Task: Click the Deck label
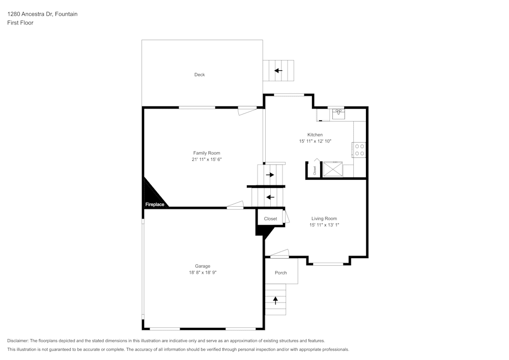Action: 200,75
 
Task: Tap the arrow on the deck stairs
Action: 278,71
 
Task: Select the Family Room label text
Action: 207,153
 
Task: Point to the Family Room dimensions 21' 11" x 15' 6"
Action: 207,159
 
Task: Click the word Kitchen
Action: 315,135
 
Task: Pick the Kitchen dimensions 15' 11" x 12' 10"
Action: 315,141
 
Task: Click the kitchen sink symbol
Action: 338,114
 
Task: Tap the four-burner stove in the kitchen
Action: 359,149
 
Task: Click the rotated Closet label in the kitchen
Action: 315,171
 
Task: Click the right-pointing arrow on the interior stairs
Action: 270,175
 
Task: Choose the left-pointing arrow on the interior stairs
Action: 270,197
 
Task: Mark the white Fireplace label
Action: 155,204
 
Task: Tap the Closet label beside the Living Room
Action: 270,219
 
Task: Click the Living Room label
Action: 324,218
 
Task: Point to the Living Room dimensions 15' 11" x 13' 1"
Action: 324,225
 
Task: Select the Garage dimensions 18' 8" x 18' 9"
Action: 203,272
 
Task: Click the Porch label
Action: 281,273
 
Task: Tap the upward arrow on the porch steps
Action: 276,300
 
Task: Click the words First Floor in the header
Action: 20,23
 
